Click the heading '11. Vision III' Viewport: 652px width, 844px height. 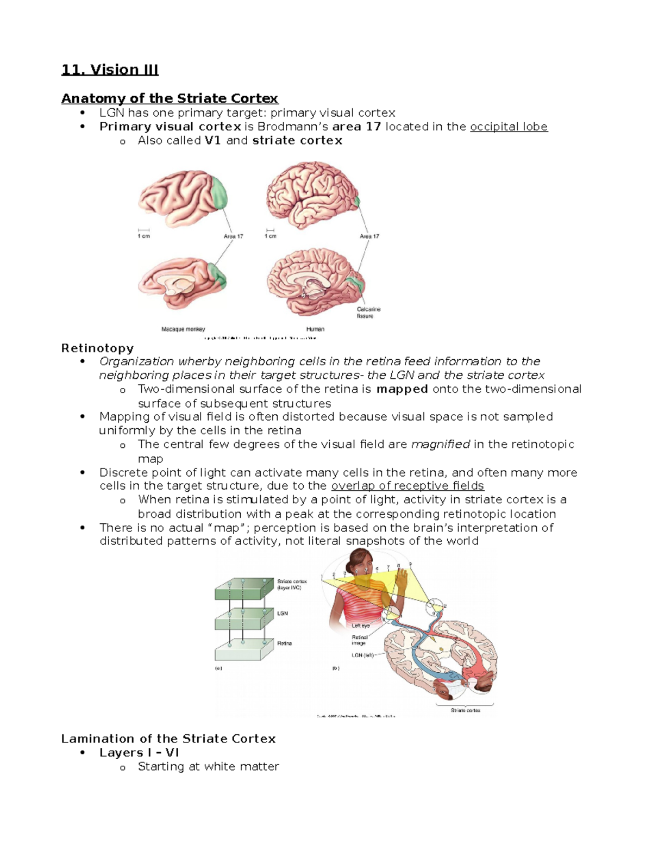coord(110,70)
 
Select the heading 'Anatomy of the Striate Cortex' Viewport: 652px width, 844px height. coord(170,98)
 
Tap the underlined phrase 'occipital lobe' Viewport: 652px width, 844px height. coord(509,127)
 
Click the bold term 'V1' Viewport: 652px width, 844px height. coord(212,141)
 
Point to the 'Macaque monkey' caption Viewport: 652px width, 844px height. coord(183,329)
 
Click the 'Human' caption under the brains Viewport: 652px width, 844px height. coord(315,329)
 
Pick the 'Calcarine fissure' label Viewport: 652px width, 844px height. coord(368,312)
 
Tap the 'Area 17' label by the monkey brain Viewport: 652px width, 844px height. coord(233,236)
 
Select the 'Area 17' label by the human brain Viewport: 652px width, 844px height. coord(369,236)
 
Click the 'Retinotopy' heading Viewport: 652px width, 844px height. coord(97,348)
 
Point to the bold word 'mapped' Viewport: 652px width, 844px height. coord(402,389)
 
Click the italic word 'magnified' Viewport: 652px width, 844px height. coord(441,445)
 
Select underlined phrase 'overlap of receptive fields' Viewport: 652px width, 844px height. coord(407,486)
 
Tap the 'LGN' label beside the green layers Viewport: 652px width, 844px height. coord(283,614)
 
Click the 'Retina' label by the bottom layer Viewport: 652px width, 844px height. coord(284,643)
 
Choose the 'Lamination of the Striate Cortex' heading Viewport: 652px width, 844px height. coord(168,739)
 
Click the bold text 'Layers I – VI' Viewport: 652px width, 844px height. coord(139,753)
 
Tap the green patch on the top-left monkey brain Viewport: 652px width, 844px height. coord(219,192)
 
